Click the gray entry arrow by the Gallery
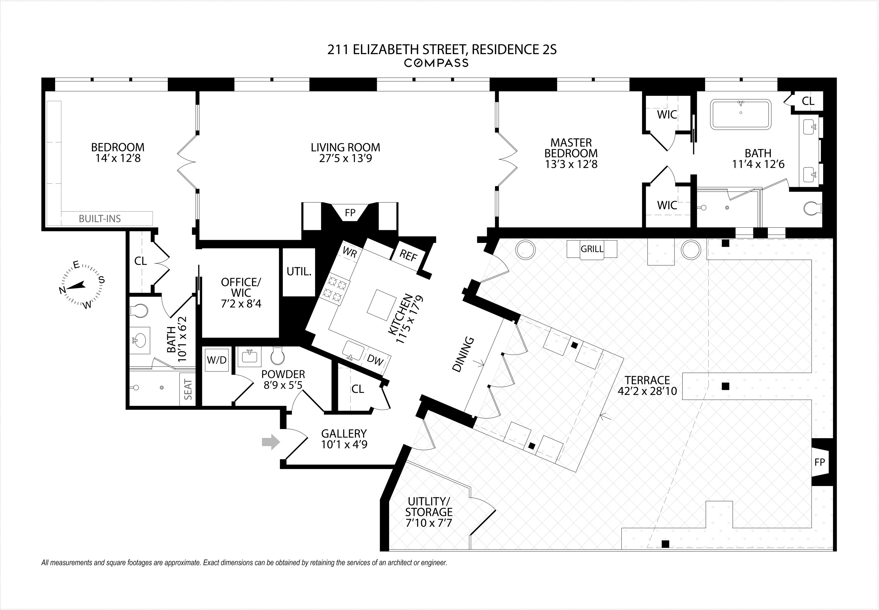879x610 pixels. pos(271,442)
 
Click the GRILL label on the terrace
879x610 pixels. pos(592,249)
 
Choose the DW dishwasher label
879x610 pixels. pos(375,360)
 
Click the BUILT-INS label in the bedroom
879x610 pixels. pos(100,219)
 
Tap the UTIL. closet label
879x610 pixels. pos(299,272)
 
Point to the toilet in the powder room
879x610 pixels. pos(277,356)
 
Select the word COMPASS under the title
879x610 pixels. pos(436,63)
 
